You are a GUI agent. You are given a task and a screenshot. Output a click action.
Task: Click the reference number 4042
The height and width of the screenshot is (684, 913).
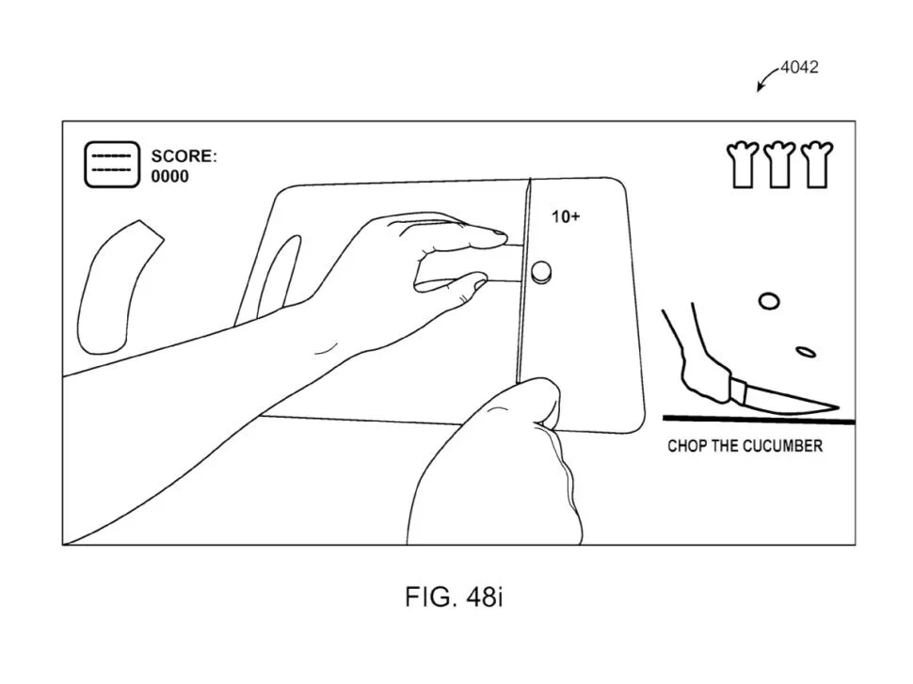tap(799, 67)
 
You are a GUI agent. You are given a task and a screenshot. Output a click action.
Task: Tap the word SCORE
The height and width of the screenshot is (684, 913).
tap(184, 156)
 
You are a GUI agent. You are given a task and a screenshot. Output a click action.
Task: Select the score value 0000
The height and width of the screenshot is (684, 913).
tap(170, 176)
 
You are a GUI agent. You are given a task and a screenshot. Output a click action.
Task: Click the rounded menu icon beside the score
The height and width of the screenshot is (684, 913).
tap(112, 164)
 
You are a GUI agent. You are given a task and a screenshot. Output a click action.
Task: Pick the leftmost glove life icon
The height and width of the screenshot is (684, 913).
tap(743, 165)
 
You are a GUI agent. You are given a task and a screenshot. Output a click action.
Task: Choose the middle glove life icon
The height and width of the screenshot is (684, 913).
tap(779, 165)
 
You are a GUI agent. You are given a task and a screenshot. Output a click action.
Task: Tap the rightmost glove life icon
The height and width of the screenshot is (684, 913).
tap(816, 165)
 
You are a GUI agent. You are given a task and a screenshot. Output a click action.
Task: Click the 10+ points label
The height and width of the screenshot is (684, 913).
tap(566, 217)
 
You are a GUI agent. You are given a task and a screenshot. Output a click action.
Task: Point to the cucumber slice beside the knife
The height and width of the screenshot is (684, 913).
tap(541, 271)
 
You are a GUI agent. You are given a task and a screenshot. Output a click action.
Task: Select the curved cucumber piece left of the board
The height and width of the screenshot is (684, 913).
tap(119, 288)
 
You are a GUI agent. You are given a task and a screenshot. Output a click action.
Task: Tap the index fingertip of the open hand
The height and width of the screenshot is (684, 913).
tap(500, 234)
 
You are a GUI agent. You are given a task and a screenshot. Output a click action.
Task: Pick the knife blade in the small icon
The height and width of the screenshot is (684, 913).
tap(786, 400)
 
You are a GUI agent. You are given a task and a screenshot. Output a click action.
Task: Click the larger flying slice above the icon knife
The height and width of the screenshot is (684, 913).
tap(769, 301)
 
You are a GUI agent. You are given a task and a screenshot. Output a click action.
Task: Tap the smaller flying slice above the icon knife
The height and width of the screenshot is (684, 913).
tap(806, 352)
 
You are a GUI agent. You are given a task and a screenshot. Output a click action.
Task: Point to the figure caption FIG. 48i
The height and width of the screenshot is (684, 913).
tap(454, 597)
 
